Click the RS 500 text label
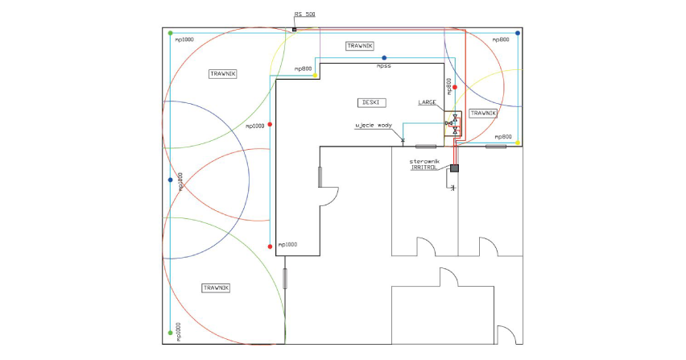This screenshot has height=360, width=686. pos(304,14)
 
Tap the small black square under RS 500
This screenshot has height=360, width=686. pos(295,30)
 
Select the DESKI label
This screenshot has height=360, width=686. pos(371,103)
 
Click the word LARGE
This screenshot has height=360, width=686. pos(427,102)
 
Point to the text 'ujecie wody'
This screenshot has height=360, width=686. pos(373,126)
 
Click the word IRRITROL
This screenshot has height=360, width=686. pos(424,168)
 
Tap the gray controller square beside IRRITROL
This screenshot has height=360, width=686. pos(455,168)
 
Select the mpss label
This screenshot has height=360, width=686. pos(384,66)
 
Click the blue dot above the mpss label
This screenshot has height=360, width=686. pos(384,58)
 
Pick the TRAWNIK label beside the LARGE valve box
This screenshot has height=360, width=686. pos(483,114)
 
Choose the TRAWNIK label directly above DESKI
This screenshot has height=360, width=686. pos(360,46)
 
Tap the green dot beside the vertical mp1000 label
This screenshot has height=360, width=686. pos(171,333)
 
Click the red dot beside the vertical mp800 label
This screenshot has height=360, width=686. pos(455,88)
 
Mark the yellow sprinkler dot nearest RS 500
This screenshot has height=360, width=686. pos(315,76)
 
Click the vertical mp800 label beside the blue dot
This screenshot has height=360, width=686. pos(180,181)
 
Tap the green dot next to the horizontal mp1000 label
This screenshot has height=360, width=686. pos(171,33)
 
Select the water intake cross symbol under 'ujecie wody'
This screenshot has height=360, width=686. pos(403,140)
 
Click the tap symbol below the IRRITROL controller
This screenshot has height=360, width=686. pos(453,188)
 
